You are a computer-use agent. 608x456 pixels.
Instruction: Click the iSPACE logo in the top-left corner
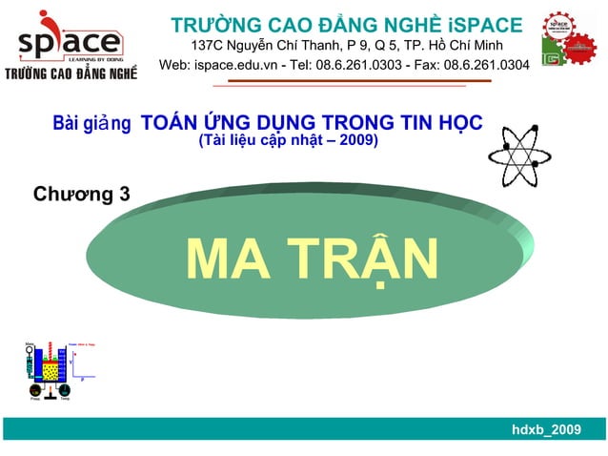coord(70,38)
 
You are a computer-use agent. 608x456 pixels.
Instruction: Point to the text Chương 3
coord(82,195)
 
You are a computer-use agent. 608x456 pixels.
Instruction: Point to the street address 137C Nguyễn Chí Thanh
coord(258,45)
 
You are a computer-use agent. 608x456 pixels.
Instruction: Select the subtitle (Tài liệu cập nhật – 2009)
coord(287,141)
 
